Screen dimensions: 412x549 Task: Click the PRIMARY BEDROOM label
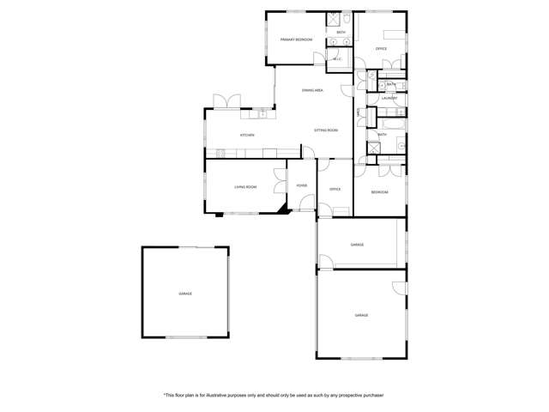point(296,40)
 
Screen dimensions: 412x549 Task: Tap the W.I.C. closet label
point(337,58)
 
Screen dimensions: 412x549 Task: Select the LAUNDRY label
point(389,99)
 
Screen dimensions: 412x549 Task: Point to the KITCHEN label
point(247,136)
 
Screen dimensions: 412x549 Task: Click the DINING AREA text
point(311,90)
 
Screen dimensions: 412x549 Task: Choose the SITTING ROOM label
point(326,130)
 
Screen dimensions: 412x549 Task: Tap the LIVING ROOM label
point(246,186)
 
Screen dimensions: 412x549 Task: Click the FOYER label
point(302,185)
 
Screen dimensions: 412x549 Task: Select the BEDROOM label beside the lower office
point(379,192)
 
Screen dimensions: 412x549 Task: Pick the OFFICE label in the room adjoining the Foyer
point(335,189)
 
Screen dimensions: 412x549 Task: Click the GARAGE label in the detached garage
point(185,294)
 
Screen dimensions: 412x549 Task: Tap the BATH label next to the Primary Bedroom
point(341,33)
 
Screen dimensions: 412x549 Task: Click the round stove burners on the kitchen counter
point(220,154)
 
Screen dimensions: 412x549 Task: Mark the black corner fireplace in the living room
point(282,208)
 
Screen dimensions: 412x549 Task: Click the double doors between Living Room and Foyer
point(281,180)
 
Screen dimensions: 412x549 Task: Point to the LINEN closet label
point(359,112)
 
